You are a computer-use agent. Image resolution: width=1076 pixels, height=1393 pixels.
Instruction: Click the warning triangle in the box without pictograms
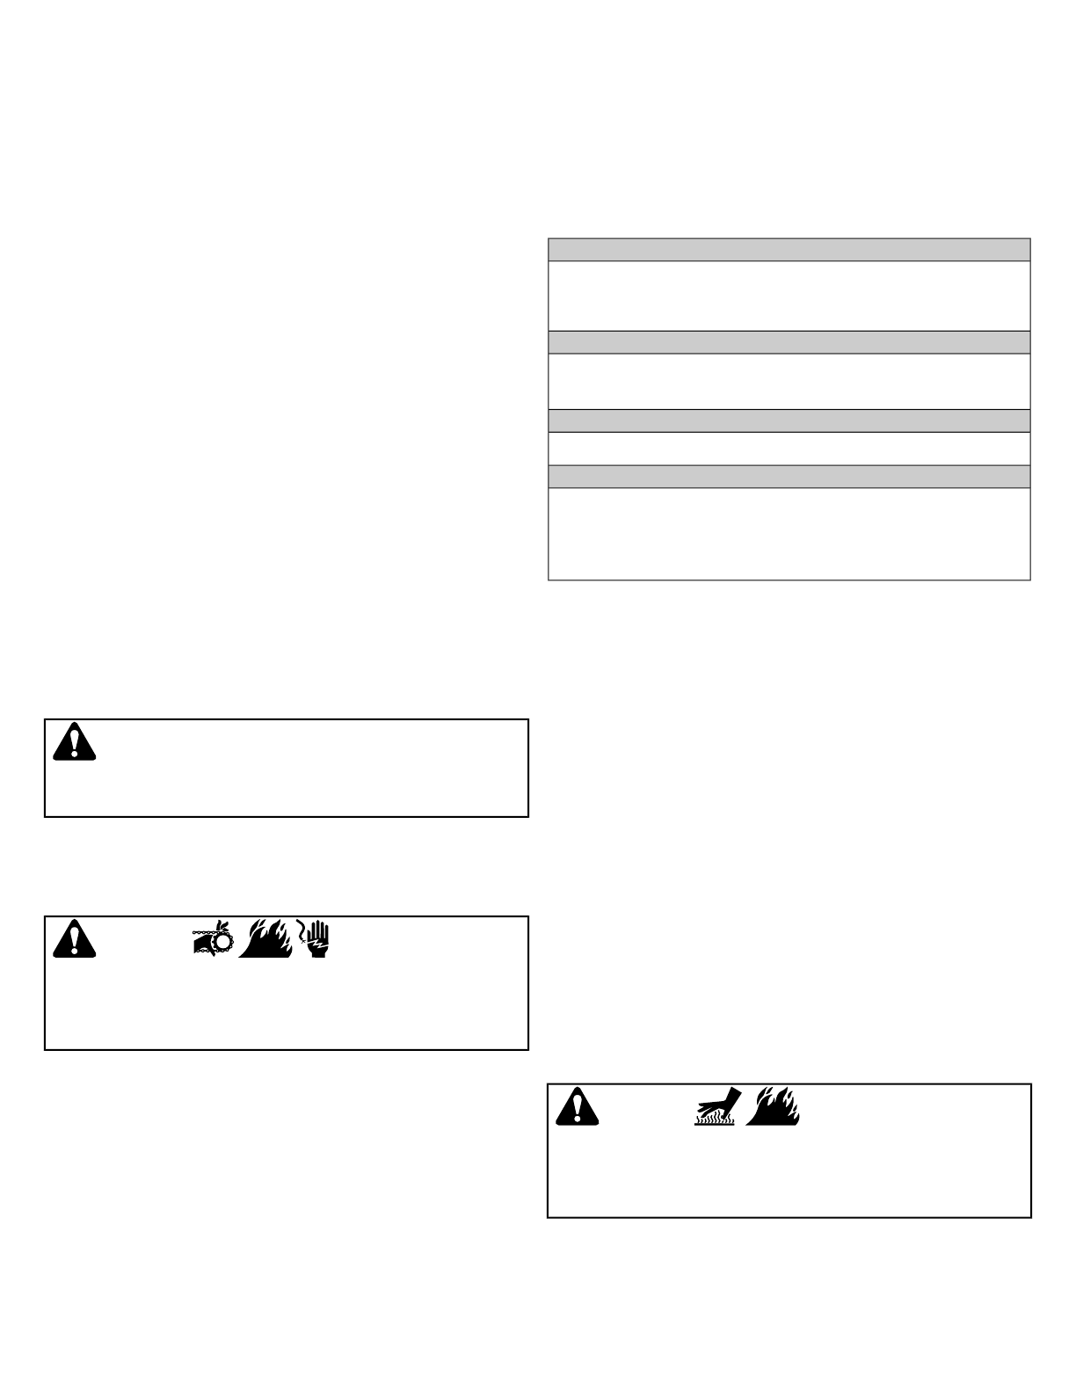pyautogui.click(x=74, y=744)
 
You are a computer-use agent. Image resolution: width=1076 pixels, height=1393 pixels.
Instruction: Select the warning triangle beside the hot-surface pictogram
pyautogui.click(x=577, y=1107)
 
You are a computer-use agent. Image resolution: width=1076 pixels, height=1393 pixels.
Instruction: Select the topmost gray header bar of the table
pyautogui.click(x=789, y=250)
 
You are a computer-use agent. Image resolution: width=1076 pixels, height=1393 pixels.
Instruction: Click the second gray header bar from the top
pyautogui.click(x=789, y=342)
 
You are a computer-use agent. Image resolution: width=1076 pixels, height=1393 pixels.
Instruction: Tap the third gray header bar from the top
pyautogui.click(x=789, y=420)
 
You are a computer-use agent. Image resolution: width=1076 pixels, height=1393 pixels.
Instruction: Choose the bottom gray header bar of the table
pyautogui.click(x=789, y=477)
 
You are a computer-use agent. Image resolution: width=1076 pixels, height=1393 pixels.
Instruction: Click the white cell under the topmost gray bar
pyautogui.click(x=789, y=295)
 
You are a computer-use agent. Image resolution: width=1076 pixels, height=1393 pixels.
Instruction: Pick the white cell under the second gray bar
pyautogui.click(x=789, y=381)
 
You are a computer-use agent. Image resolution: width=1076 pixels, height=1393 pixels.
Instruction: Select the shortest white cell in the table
pyautogui.click(x=789, y=448)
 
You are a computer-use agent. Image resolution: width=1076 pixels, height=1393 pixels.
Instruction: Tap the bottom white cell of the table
pyautogui.click(x=789, y=534)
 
